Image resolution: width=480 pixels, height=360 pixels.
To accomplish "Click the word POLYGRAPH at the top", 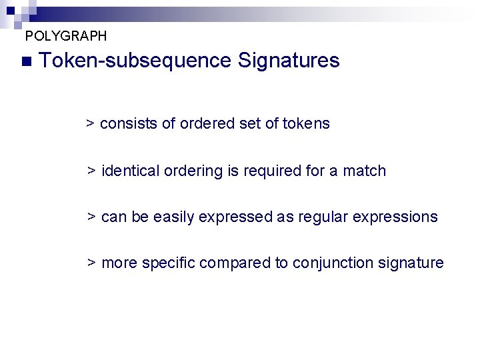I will pyautogui.click(x=65, y=35).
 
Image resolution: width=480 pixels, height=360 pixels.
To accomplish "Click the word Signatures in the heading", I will pyautogui.click(x=289, y=61).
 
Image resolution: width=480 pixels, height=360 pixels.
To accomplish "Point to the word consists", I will pyautogui.click(x=129, y=124).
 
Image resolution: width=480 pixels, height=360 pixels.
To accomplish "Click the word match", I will pyautogui.click(x=364, y=171).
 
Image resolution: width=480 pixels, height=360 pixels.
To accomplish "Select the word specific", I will pyautogui.click(x=167, y=263).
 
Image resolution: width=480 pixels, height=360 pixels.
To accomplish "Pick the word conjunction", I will pyautogui.click(x=324, y=263).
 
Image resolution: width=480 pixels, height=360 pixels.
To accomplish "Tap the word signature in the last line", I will pyautogui.click(x=411, y=263).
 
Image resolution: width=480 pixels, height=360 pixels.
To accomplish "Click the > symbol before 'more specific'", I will pyautogui.click(x=92, y=263).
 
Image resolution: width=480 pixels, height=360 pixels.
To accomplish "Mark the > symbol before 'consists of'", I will pyautogui.click(x=91, y=124).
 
